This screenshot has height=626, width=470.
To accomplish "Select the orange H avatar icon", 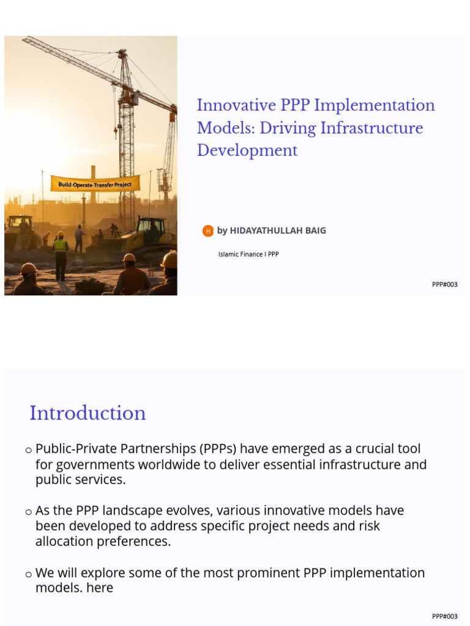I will click(208, 230).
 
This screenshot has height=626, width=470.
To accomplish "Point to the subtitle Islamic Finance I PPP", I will click(248, 254).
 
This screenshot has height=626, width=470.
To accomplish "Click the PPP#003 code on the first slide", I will click(444, 284).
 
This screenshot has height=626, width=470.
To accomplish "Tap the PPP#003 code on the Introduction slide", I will click(444, 616).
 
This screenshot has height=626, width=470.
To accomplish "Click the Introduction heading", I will click(88, 413).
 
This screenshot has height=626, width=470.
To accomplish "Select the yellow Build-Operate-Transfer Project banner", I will click(95, 183).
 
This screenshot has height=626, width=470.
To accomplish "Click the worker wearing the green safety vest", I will click(61, 251).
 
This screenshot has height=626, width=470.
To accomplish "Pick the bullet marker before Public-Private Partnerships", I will click(28, 451).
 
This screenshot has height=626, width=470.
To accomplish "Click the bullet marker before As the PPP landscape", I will click(28, 512).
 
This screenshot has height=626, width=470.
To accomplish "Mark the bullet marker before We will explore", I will click(28, 575).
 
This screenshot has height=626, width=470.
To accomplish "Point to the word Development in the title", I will click(247, 151).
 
